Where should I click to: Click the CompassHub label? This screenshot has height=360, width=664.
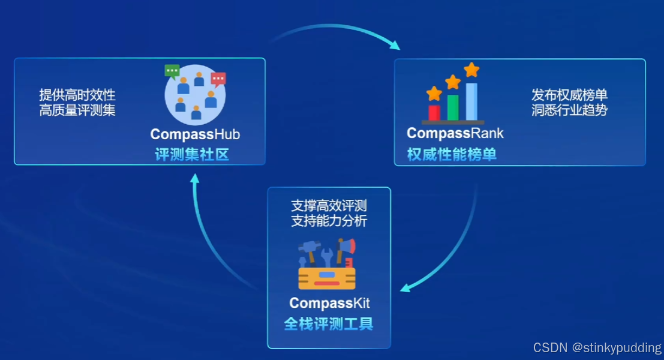(195, 134)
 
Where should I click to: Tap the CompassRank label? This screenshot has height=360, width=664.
(455, 133)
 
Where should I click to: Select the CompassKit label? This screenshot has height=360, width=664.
(329, 303)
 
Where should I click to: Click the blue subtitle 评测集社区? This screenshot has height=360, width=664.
(192, 155)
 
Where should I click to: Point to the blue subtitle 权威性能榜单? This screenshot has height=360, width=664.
(452, 155)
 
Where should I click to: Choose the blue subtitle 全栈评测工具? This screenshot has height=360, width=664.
(329, 324)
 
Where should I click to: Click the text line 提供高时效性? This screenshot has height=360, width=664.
(77, 95)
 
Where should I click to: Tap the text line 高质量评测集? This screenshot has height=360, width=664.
(77, 110)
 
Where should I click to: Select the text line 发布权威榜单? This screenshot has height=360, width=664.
(569, 95)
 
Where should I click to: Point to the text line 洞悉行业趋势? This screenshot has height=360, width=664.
(569, 110)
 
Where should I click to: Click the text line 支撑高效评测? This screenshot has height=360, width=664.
(329, 206)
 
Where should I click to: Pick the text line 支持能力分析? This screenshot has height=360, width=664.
(329, 221)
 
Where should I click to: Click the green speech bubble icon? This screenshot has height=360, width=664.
(172, 71)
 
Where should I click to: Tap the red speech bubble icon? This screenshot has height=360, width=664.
(218, 79)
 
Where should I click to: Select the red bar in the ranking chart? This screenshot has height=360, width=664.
(434, 112)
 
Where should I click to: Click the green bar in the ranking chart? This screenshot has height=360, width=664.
(453, 107)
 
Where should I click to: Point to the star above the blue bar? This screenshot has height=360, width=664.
(472, 70)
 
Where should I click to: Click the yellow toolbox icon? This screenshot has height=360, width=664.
(327, 277)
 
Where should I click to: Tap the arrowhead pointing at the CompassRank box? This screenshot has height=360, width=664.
(393, 44)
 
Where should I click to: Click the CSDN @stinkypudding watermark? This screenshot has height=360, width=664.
(597, 348)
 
